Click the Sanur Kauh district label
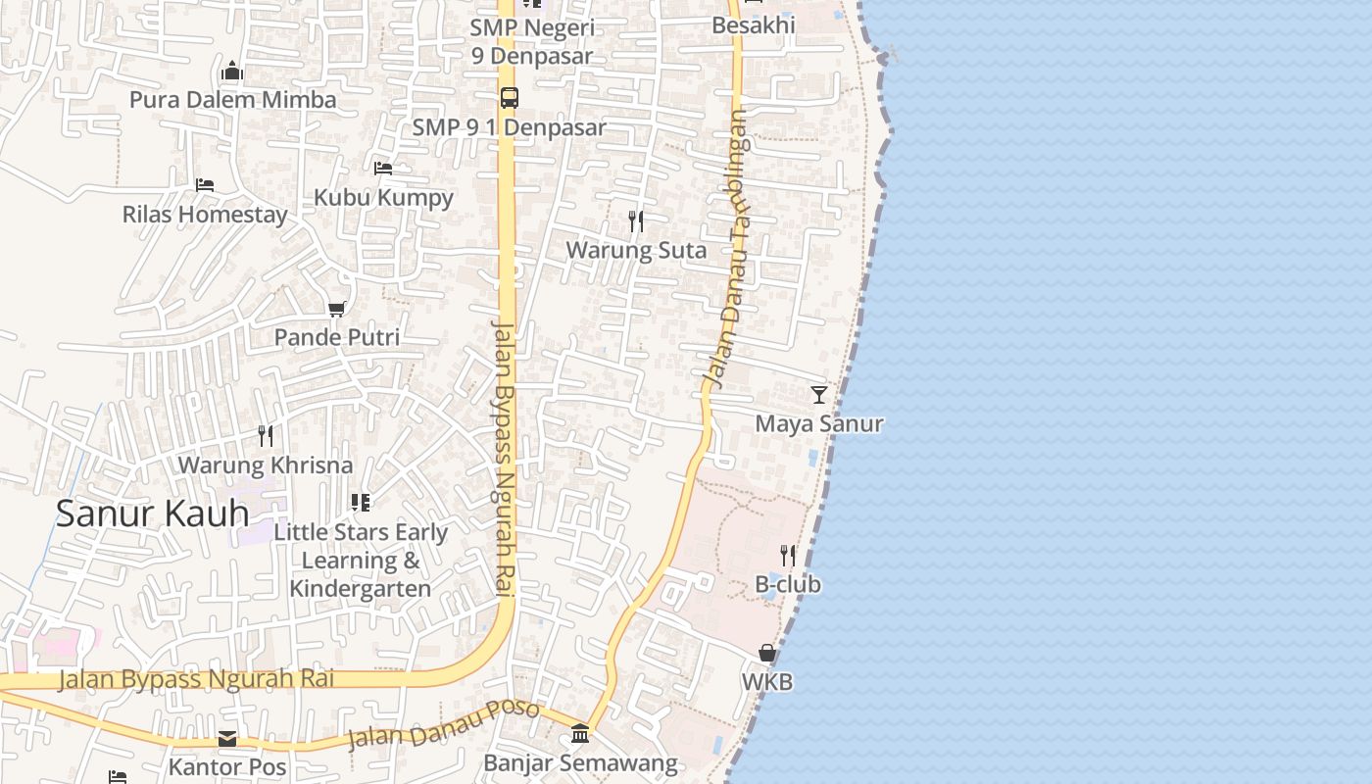152,514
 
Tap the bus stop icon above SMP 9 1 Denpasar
509,98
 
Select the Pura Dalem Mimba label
232,100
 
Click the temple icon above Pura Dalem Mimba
232,71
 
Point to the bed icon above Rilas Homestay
204,184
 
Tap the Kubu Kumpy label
383,197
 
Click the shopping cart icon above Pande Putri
336,310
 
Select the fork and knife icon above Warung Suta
636,221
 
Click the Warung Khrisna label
265,465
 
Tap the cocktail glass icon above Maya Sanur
818,395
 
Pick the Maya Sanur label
818,424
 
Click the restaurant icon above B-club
787,556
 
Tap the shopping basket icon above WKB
767,653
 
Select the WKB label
767,682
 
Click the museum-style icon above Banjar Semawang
579,734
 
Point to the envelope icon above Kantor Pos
227,738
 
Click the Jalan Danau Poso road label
443,723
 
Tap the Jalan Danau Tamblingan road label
726,245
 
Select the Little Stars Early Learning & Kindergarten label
361,561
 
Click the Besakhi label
753,24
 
